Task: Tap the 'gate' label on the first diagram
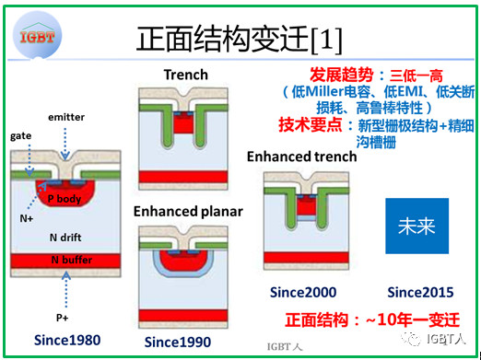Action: (x=20, y=134)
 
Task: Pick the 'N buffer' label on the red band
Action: (x=70, y=260)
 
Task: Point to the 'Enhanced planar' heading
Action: (x=188, y=211)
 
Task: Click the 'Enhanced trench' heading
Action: (x=301, y=156)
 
